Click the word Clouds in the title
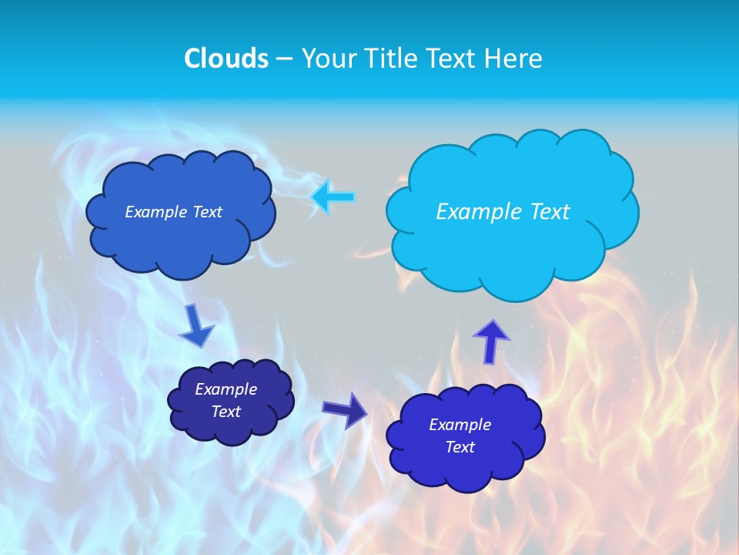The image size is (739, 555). click(x=226, y=59)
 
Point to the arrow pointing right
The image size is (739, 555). click(x=345, y=409)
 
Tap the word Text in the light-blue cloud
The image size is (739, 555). click(x=549, y=211)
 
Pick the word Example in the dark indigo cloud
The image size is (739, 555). click(x=226, y=389)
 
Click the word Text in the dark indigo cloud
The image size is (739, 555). click(x=226, y=412)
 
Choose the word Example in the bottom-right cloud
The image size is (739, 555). click(x=460, y=425)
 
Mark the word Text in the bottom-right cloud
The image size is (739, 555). click(x=460, y=447)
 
